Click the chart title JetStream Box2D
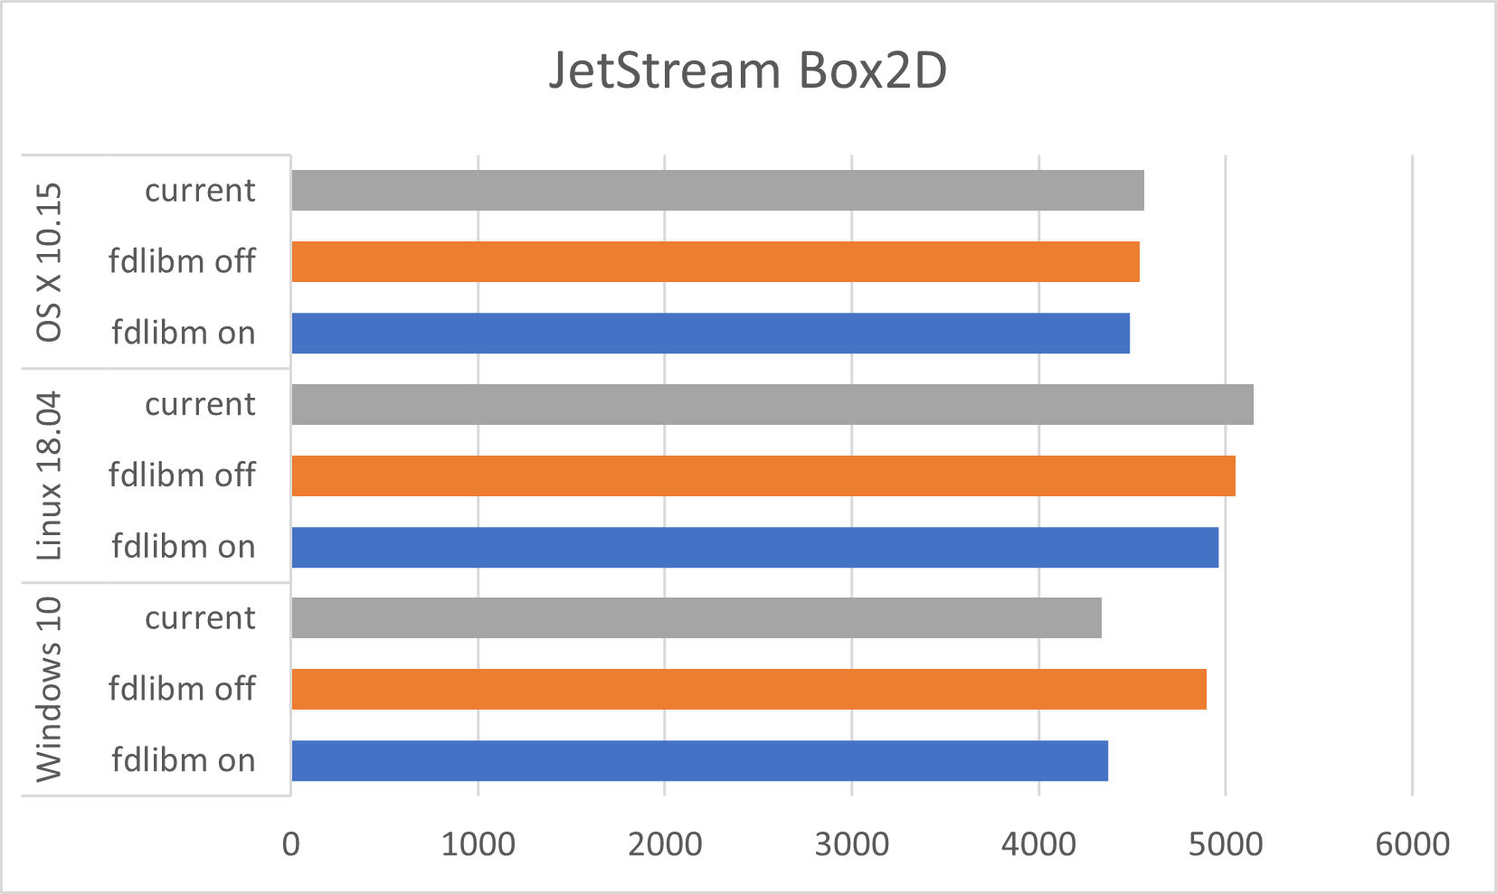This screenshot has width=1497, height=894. (748, 71)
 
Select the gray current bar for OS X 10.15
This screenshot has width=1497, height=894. (717, 191)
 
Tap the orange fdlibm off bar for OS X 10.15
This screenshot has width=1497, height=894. (715, 262)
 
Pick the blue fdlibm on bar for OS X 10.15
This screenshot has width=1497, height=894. (710, 334)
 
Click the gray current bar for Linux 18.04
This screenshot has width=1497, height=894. (772, 404)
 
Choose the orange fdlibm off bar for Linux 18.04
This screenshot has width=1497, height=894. (763, 475)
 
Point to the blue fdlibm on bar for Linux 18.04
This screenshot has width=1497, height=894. (754, 547)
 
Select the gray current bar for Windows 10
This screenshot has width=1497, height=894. (696, 618)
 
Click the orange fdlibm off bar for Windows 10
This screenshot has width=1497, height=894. (748, 690)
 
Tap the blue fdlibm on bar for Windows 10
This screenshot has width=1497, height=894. (699, 761)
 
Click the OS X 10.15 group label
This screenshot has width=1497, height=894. (49, 262)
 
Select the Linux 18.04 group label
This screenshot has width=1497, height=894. (49, 475)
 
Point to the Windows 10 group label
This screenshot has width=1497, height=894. (49, 689)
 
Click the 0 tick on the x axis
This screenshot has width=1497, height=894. (291, 844)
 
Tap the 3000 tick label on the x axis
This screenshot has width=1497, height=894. (851, 844)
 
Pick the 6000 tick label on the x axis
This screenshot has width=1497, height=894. (1412, 844)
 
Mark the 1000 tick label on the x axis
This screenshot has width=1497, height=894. (478, 844)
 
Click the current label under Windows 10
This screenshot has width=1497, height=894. (200, 618)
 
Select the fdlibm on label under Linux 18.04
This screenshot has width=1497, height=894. (183, 547)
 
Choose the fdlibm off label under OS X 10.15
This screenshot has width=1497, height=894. (182, 262)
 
